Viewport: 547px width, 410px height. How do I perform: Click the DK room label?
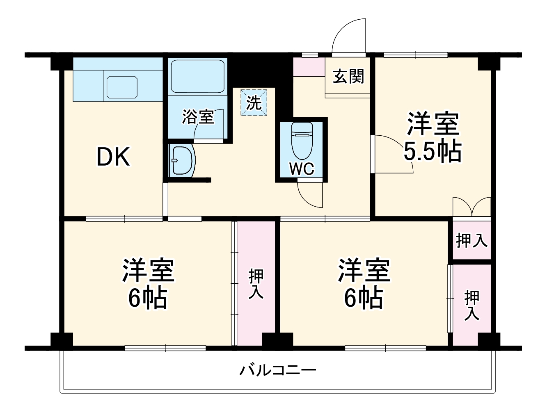point(113,157)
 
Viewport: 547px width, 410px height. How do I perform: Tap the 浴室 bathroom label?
point(198,117)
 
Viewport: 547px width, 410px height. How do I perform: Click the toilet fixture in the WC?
point(302,140)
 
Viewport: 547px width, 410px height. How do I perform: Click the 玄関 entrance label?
point(348,76)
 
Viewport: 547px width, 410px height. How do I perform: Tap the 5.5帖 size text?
point(433,152)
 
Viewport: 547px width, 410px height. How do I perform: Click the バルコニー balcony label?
point(278,371)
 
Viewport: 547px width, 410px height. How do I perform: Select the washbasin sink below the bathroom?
point(182,160)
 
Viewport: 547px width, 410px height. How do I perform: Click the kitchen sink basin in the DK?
point(122,87)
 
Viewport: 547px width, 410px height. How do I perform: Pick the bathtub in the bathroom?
point(197,76)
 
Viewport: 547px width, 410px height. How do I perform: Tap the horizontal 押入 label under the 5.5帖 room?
point(472,241)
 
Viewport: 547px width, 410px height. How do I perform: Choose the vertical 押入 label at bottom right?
point(472,305)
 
